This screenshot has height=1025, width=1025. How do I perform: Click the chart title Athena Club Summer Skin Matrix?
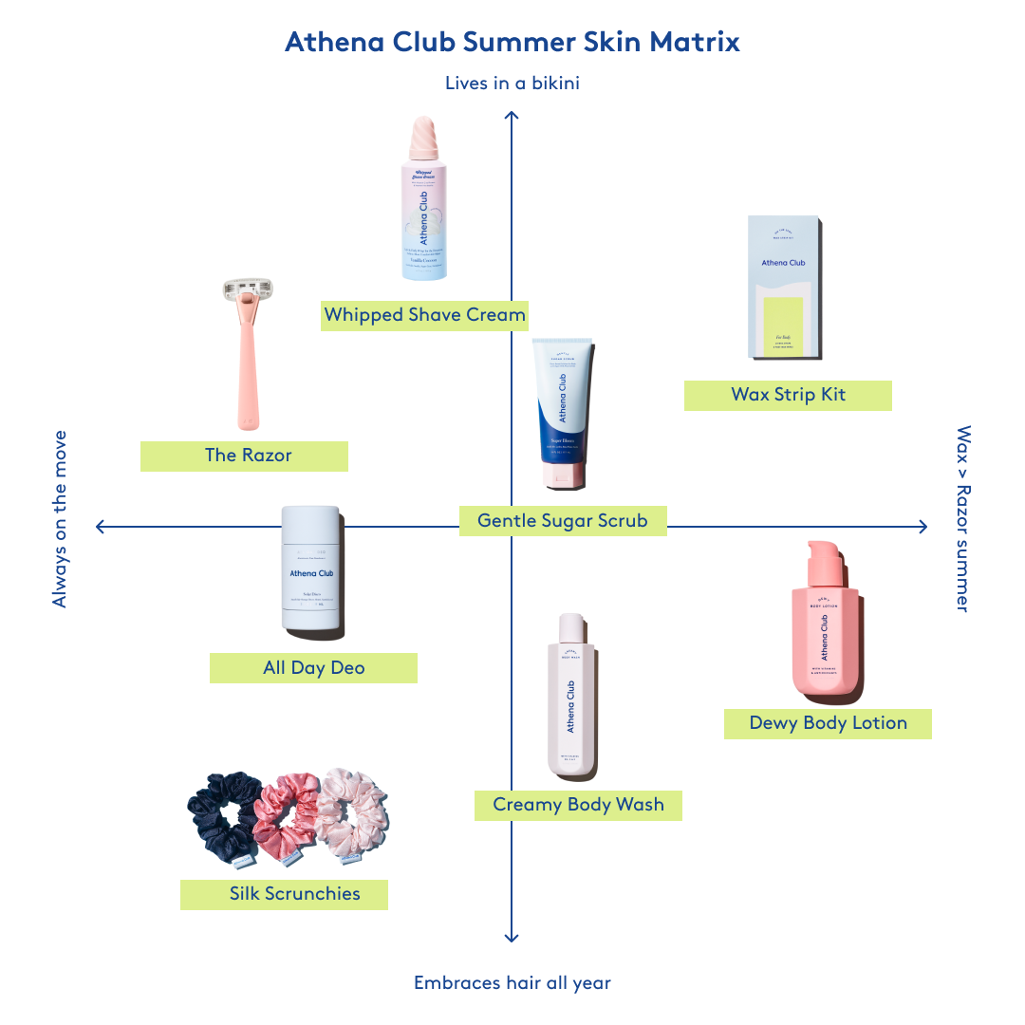[512, 43]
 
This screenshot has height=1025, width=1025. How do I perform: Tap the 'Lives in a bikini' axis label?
[512, 84]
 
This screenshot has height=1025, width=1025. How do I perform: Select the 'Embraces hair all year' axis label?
[512, 983]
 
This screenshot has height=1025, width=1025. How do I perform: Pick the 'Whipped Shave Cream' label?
[424, 315]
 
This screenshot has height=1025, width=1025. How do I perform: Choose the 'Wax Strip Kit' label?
[788, 395]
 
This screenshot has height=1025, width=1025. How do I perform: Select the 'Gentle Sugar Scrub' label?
[562, 520]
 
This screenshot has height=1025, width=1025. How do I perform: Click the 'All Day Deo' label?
[313, 668]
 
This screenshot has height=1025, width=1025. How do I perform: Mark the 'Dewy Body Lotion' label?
[828, 723]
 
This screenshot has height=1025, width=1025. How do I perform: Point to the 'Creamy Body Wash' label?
[578, 805]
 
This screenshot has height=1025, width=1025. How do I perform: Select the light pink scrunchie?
[352, 812]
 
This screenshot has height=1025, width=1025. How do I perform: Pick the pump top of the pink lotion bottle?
[822, 566]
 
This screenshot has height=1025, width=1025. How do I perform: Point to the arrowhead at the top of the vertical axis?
[512, 115]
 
